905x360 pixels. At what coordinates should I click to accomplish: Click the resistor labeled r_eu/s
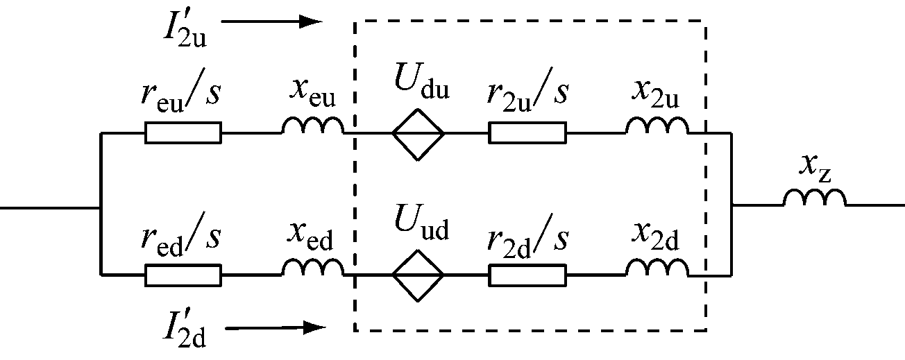pyautogui.click(x=183, y=132)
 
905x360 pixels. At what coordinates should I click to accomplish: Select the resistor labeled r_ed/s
pyautogui.click(x=183, y=275)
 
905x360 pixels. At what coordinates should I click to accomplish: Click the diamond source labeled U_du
pyautogui.click(x=418, y=132)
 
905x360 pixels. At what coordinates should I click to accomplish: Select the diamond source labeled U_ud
pyautogui.click(x=418, y=275)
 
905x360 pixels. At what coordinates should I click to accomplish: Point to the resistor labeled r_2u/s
pyautogui.click(x=527, y=132)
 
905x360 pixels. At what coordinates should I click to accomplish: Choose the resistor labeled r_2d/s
pyautogui.click(x=527, y=275)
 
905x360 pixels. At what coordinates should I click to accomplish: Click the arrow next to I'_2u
pyautogui.click(x=271, y=22)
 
